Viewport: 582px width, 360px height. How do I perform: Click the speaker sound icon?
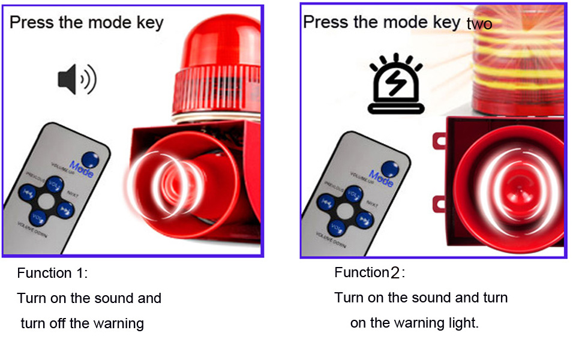[77, 80]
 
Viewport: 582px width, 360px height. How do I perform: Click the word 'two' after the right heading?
[479, 24]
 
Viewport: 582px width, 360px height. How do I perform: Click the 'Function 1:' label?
[52, 274]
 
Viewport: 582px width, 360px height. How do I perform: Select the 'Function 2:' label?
[370, 273]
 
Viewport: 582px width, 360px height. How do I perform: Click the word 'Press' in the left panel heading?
[29, 23]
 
